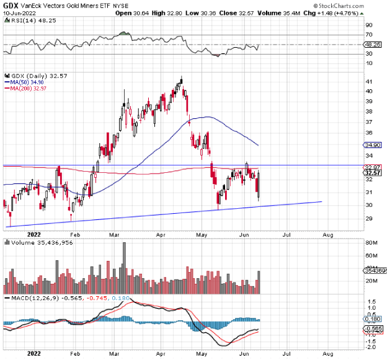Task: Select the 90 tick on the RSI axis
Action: pos(368,25)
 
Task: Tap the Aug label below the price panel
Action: pos(328,235)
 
